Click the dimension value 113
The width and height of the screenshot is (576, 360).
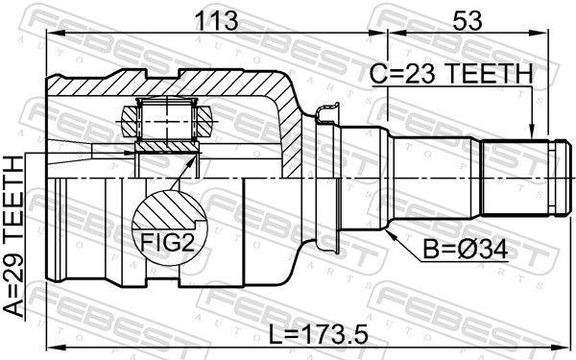click(x=216, y=21)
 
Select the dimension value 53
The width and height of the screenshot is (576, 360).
click(x=467, y=21)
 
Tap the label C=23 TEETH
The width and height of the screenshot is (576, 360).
click(x=451, y=74)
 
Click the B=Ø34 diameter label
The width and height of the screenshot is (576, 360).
click(x=465, y=250)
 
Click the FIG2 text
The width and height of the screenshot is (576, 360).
click(x=167, y=243)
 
